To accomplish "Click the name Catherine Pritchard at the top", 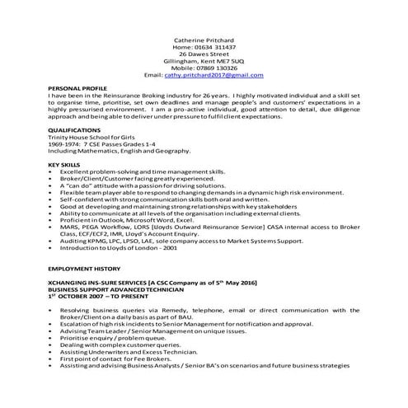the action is (x=204, y=39).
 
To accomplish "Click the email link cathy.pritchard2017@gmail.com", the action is (x=218, y=75).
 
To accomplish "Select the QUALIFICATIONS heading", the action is (x=74, y=129).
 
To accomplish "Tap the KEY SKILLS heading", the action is (x=64, y=165).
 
